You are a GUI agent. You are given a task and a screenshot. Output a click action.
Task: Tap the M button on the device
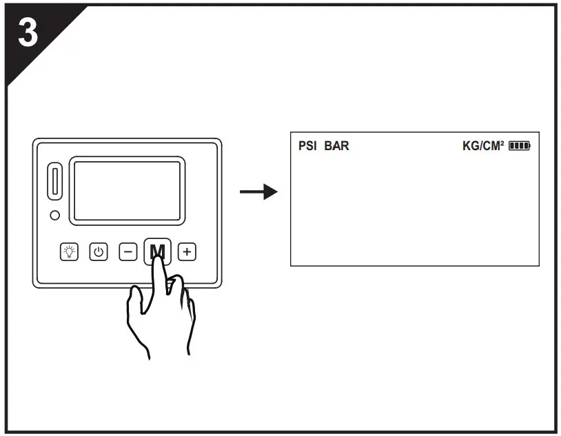point(157,249)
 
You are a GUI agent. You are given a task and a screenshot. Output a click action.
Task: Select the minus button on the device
point(129,251)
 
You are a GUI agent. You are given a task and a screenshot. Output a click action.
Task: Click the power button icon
point(99,251)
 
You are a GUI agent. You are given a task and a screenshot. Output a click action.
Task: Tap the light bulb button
point(70,251)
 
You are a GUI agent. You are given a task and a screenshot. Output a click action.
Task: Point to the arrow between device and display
point(258,191)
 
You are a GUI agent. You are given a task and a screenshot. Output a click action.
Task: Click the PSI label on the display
point(307,146)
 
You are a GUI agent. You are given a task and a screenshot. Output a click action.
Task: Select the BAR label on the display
point(336,146)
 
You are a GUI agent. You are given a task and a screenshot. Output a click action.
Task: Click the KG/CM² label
point(483,146)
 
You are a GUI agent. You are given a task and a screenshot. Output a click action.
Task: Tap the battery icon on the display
point(520,146)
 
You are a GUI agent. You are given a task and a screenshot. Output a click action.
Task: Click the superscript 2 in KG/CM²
point(502,143)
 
